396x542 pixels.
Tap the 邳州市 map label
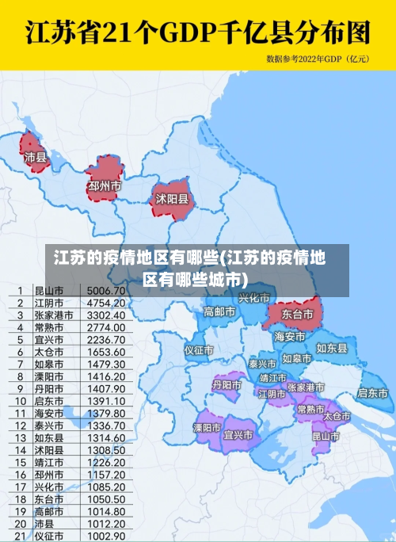point(105,186)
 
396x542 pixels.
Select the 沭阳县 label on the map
point(172,198)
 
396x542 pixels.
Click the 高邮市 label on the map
point(219,311)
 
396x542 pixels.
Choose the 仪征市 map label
point(200,349)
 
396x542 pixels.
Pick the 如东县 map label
point(332,348)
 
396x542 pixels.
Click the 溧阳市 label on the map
point(208,427)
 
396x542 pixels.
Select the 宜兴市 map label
point(238,435)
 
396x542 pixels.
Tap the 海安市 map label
point(290,337)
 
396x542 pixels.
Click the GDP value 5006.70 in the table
point(106,291)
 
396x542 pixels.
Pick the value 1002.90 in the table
point(106,536)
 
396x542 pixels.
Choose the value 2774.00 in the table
point(106,327)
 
